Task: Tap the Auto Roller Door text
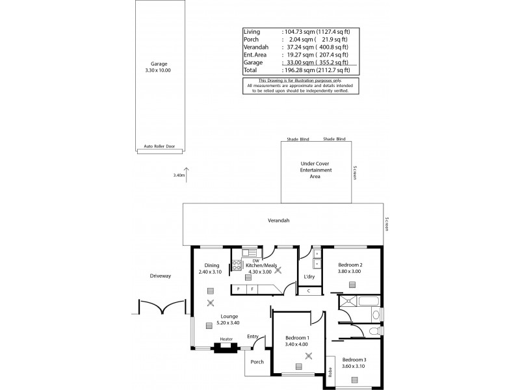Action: pos(159,147)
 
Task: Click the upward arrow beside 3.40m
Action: pos(187,173)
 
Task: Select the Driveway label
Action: pos(160,276)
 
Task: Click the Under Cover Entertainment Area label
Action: pos(316,170)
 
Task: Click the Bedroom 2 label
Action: pos(351,265)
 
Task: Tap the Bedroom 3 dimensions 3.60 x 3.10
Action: pos(354,366)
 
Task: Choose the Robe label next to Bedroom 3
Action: pos(330,372)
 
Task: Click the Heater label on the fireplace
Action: pos(226,339)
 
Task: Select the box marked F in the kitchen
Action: pos(252,288)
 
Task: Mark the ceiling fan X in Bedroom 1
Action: pos(309,355)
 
